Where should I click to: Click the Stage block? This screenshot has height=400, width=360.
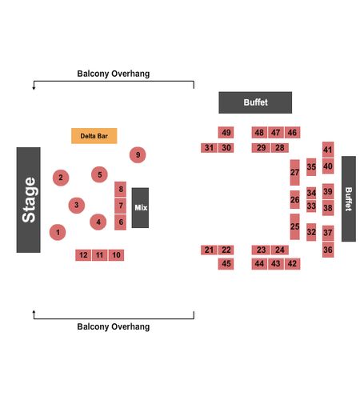tap(28, 200)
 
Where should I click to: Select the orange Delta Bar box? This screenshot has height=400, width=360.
tap(94, 136)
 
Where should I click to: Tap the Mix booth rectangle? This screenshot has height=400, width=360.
tap(140, 208)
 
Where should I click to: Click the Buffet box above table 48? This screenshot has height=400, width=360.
tap(255, 102)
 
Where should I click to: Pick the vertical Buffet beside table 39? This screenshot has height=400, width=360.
tap(349, 199)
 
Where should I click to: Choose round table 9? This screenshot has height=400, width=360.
tap(138, 155)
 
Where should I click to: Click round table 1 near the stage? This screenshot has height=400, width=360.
tap(58, 232)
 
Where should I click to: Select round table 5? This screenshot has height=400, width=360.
tap(99, 174)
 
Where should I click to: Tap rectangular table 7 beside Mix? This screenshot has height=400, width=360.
tap(120, 206)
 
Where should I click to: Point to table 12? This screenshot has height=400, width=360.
tap(83, 255)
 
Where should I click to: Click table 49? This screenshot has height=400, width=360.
tap(226, 133)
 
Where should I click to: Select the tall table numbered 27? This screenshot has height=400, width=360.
tap(294, 173)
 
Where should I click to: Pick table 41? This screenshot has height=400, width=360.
tap(328, 150)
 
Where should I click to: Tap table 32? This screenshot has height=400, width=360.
tap(311, 232)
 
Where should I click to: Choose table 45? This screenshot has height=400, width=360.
tap(226, 264)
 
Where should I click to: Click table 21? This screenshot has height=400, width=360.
tap(209, 250)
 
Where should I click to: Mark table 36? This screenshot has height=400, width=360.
tap(328, 250)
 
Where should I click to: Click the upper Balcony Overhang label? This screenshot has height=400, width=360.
tap(114, 74)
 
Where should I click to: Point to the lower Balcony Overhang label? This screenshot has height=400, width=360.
tap(114, 326)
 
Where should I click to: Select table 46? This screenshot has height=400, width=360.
tap(293, 133)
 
